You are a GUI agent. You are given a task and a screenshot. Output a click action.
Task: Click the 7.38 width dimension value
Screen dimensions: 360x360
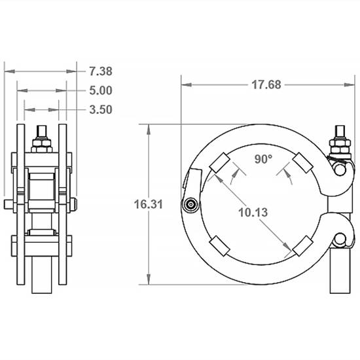100,71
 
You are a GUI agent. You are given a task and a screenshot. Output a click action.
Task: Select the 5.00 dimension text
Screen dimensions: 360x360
100,90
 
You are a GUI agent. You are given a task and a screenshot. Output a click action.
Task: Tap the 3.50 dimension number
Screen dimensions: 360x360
100,109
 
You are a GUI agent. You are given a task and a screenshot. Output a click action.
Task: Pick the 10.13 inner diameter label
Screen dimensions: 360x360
254,212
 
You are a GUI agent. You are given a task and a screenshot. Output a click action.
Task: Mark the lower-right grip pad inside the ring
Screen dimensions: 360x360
301,246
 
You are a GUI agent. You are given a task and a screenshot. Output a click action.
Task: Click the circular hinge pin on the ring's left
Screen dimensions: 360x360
190,205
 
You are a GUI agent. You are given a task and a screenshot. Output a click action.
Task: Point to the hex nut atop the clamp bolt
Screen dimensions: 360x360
340,140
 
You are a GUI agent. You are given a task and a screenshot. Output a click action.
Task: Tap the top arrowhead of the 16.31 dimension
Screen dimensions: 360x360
148,126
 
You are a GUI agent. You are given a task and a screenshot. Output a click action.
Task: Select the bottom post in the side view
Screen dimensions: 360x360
42,275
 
